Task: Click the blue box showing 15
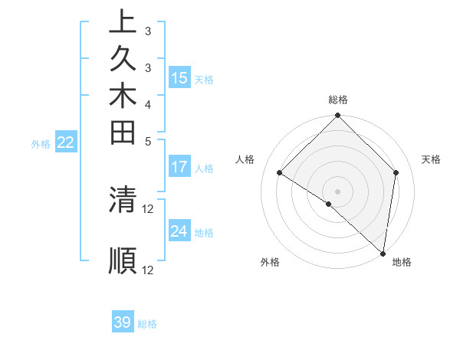179,78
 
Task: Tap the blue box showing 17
179,167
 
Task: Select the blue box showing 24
179,231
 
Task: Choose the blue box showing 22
66,142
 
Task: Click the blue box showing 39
123,322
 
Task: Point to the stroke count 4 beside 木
148,103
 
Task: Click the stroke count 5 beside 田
148,140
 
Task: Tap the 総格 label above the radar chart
338,100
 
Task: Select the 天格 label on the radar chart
432,159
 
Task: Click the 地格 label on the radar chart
402,262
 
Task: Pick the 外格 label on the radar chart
270,262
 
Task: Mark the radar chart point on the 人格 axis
280,173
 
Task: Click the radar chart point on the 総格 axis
338,116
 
